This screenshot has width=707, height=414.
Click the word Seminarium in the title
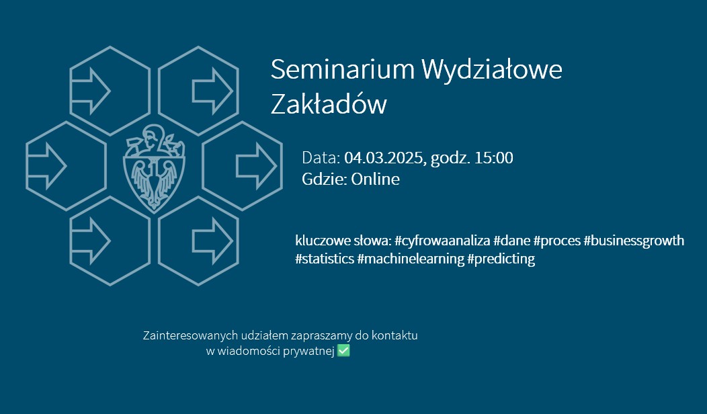pyautogui.click(x=342, y=69)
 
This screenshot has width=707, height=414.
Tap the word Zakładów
pyautogui.click(x=329, y=103)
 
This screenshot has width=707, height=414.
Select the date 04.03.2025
pyautogui.click(x=383, y=158)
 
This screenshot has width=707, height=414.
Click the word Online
pyautogui.click(x=375, y=179)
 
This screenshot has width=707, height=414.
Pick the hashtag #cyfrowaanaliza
pyautogui.click(x=442, y=241)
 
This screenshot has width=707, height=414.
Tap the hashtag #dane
pyautogui.click(x=511, y=241)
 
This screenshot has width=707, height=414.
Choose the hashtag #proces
pyautogui.click(x=557, y=241)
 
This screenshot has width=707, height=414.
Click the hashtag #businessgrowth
pyautogui.click(x=634, y=241)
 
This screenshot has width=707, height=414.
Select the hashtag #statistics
pyautogui.click(x=325, y=259)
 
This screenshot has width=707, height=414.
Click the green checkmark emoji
pyautogui.click(x=343, y=350)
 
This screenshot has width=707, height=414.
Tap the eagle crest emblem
pyautogui.click(x=154, y=169)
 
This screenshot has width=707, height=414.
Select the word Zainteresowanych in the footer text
pyautogui.click(x=190, y=335)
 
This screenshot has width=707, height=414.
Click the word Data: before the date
pyautogui.click(x=321, y=158)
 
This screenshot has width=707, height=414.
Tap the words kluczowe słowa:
pyautogui.click(x=343, y=241)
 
